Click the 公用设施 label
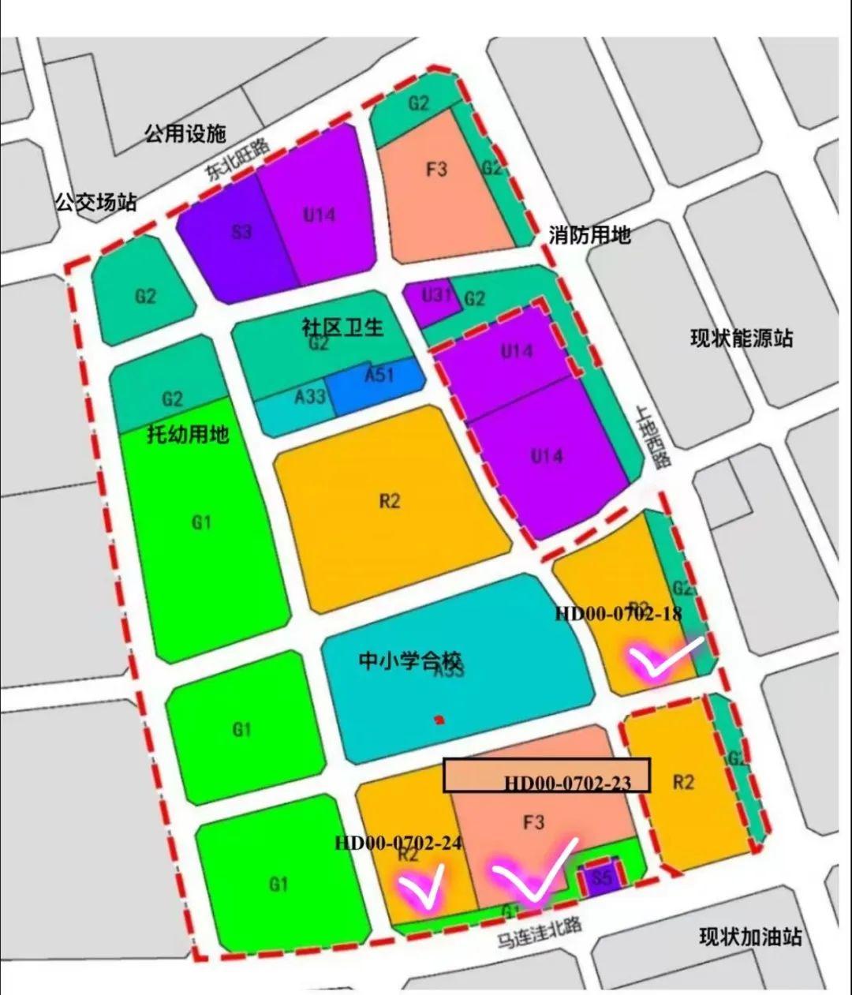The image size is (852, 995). pyautogui.click(x=185, y=133)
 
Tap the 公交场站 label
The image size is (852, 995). pyautogui.click(x=95, y=202)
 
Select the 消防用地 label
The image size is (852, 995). pyautogui.click(x=589, y=234)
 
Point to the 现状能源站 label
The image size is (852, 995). pyautogui.click(x=742, y=339)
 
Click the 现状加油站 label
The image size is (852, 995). pyautogui.click(x=750, y=937)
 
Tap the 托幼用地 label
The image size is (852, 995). pyautogui.click(x=188, y=434)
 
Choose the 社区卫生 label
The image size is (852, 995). pyautogui.click(x=342, y=327)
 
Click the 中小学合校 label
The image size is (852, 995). pyautogui.click(x=410, y=660)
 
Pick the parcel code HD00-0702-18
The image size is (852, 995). pyautogui.click(x=618, y=614)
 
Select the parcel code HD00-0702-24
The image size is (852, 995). pyautogui.click(x=398, y=843)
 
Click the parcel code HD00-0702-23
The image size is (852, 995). pyautogui.click(x=568, y=783)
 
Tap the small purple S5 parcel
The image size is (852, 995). pyautogui.click(x=601, y=878)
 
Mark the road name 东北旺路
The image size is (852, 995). pyautogui.click(x=238, y=160)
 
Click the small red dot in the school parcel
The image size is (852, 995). pyautogui.click(x=439, y=719)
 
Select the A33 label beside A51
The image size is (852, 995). pyautogui.click(x=310, y=395)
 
